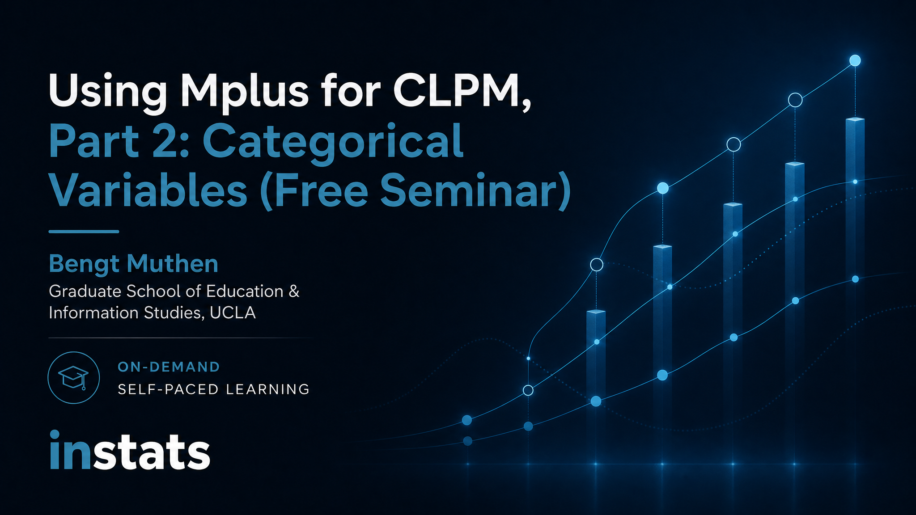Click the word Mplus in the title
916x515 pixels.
click(244, 92)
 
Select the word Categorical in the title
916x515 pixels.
click(333, 143)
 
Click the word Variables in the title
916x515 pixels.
click(148, 190)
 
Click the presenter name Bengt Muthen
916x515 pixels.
click(133, 264)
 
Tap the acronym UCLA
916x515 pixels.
click(233, 313)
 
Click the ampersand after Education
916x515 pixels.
click(294, 291)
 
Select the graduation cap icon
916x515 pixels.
click(74, 378)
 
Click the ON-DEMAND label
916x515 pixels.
click(169, 367)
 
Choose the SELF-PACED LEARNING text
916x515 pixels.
click(214, 389)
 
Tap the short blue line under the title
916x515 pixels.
click(84, 232)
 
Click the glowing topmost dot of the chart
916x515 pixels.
click(855, 60)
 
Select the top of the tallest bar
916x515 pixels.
click(855, 119)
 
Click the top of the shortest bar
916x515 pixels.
click(596, 312)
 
